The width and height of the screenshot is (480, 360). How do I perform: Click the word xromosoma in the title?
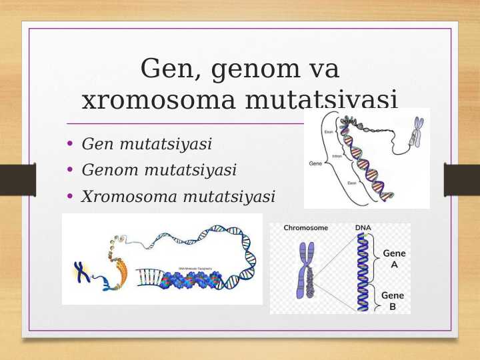158,101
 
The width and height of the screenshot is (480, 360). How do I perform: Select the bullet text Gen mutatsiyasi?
147,144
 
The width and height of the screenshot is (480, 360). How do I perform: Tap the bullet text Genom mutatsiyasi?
159,171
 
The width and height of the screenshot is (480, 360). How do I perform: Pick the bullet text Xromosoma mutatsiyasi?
178,197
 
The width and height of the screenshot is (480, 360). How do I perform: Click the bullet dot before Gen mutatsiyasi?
71,144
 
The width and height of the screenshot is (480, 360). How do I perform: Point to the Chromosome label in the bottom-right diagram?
305,228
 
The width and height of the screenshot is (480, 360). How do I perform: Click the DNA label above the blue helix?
363,228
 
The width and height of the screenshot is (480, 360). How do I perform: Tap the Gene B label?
394,301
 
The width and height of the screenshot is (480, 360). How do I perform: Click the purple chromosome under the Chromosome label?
307,270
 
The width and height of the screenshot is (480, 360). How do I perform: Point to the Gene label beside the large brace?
315,163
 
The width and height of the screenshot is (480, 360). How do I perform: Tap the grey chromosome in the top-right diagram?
417,132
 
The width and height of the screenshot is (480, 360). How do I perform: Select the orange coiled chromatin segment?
117,270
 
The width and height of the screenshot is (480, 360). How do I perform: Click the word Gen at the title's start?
165,69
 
